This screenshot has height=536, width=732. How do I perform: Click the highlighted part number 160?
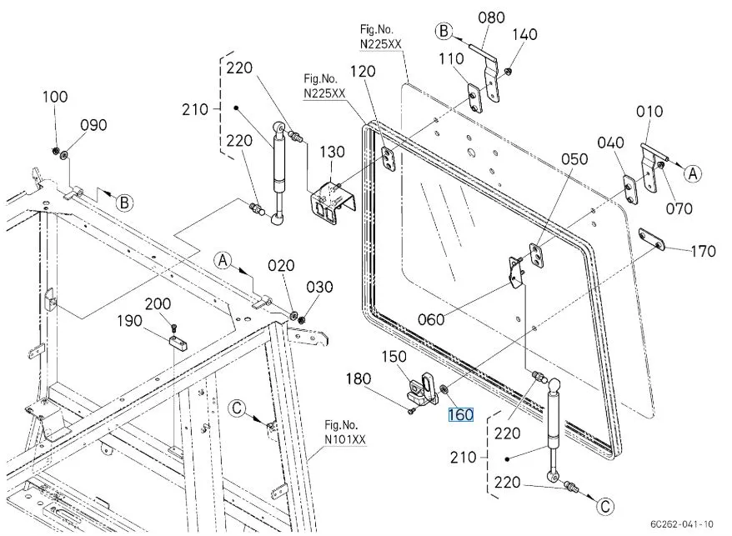[x=461, y=415]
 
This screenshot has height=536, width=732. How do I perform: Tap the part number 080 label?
[x=492, y=17]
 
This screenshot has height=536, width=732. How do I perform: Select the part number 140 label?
[x=524, y=34]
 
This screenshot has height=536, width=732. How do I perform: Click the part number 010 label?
[x=649, y=112]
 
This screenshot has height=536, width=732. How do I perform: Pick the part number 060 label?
[x=431, y=318]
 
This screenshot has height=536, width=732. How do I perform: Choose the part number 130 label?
[x=332, y=152]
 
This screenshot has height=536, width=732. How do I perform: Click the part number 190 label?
[x=129, y=321]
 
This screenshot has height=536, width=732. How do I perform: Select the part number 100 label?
[x=55, y=97]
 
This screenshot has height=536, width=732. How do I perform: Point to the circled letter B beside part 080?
[x=444, y=32]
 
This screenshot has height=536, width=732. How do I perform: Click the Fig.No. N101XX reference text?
[x=345, y=433]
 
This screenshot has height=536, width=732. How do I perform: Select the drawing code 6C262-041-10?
[x=683, y=523]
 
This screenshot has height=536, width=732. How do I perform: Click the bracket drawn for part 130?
[x=333, y=203]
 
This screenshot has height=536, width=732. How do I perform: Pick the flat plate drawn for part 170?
[x=651, y=238]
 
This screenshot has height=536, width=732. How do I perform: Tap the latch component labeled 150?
[x=423, y=388]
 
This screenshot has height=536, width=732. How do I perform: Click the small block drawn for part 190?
[x=175, y=338]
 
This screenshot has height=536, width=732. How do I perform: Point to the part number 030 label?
[x=320, y=287]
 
